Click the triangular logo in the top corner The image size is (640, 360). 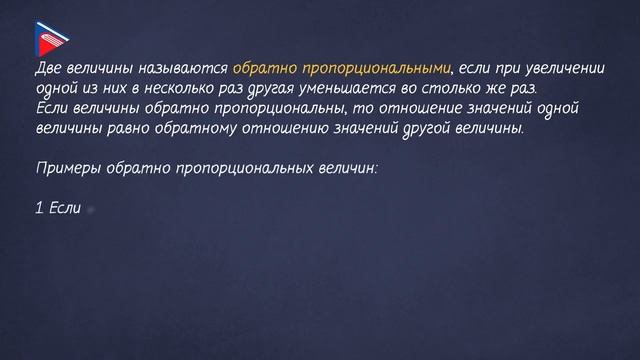pos(50,37)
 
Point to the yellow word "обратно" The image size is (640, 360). pos(259,69)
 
